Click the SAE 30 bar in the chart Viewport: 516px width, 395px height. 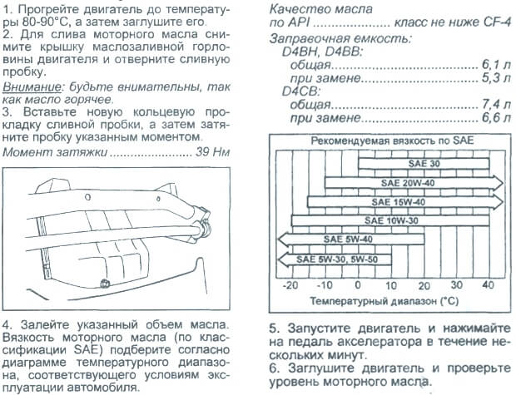[x=391, y=164]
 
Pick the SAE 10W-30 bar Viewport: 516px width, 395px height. [x=391, y=220]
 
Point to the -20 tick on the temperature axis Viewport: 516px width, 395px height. [x=290, y=284]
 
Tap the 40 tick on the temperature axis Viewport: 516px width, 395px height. [x=488, y=284]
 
